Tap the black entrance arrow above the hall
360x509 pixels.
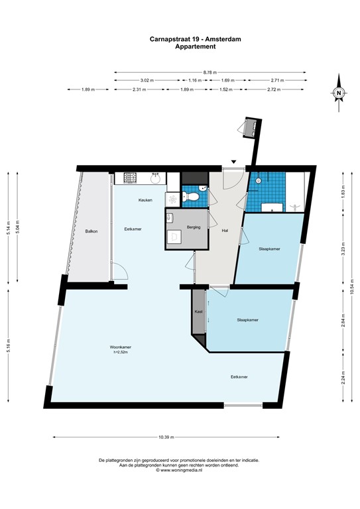point(233,161)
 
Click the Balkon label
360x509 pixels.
point(91,231)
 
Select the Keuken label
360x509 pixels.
point(146,200)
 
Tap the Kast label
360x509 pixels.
point(198,311)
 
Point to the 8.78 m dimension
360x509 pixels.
point(211,72)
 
